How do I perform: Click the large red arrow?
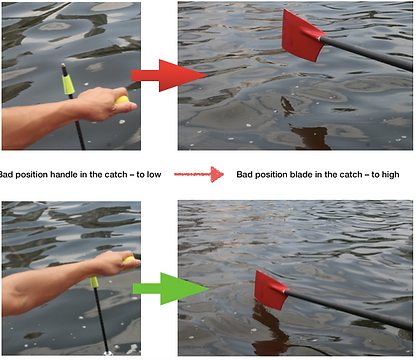click(168, 75)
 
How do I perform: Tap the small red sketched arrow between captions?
click(199, 174)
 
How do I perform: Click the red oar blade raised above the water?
click(302, 37)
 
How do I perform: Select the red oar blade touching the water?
click(271, 290)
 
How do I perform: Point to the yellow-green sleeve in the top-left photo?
click(68, 84)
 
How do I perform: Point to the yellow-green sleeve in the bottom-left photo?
click(94, 282)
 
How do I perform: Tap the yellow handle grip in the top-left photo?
click(122, 100)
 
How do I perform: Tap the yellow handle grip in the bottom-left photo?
click(129, 262)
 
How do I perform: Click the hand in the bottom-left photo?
click(115, 263)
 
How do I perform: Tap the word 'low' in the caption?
click(154, 174)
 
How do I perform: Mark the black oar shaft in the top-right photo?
click(366, 53)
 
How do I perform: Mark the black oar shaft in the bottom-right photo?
click(348, 309)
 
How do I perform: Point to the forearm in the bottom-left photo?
click(47, 287)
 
